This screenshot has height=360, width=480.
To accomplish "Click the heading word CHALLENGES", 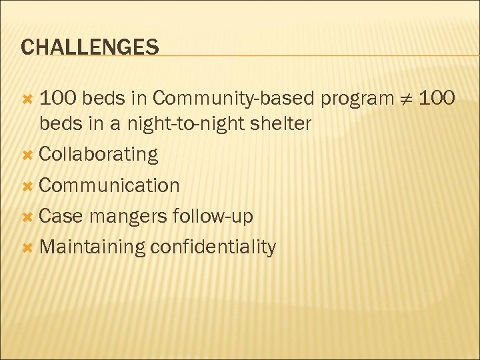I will tap(90, 47).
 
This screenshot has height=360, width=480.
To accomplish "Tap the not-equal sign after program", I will tap(409, 99).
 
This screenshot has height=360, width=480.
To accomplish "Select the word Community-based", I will tap(233, 99).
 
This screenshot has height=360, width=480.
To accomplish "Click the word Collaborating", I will tap(99, 155).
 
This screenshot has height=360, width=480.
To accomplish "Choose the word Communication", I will tap(109, 185).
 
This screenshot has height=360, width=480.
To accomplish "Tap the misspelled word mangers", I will tap(128, 217).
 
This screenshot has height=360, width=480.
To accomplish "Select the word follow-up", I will tap(213, 217).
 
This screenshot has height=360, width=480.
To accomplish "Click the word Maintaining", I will tap(92, 247).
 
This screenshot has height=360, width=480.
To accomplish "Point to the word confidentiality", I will tap(213, 247).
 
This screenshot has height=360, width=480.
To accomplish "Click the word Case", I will tap(61, 216).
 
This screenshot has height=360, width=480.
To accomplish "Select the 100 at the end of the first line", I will tap(439, 99).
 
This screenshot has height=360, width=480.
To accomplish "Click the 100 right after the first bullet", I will tap(58, 99).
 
